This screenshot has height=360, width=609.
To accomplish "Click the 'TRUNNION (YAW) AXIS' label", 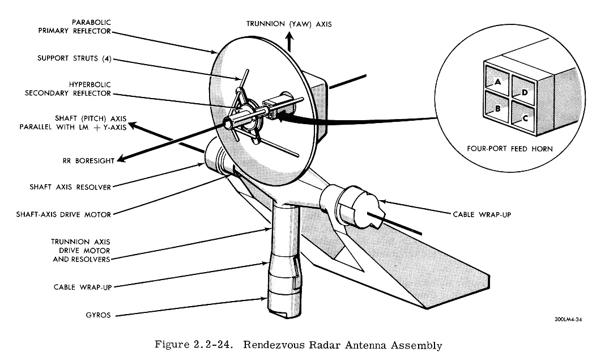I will (x=289, y=24).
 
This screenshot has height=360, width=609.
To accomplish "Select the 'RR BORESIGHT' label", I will (x=90, y=161).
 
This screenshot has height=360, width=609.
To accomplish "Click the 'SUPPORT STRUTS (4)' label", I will (x=74, y=57).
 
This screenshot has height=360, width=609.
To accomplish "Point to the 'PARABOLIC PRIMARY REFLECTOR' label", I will (x=75, y=27).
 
